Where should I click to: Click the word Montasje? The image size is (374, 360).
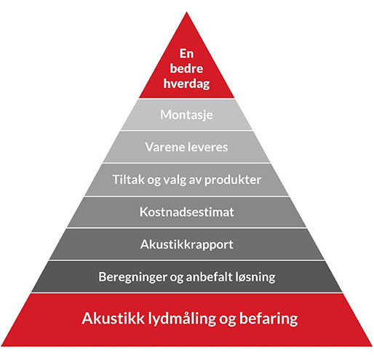pos(186,115)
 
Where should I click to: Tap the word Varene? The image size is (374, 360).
pos(164,147)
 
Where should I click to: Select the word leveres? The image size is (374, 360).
pos(207,147)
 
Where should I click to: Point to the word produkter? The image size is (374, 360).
pos(233,180)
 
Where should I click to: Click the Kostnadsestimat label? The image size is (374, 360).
pos(186,212)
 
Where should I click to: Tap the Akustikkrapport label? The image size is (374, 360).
pos(186,244)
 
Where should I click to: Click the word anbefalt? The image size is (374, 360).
pos(210,276)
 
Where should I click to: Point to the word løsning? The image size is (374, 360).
pos(255,277)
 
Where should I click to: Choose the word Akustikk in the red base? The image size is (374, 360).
pos(113,318)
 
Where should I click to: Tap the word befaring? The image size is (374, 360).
pos(268,319)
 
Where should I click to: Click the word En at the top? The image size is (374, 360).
pos(186,54)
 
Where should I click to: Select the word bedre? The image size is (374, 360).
pos(186,68)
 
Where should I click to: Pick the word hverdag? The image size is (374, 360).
pos(186,84)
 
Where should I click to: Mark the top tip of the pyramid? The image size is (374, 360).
pos(186,12)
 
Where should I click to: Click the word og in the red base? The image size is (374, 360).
pos(228,320)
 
